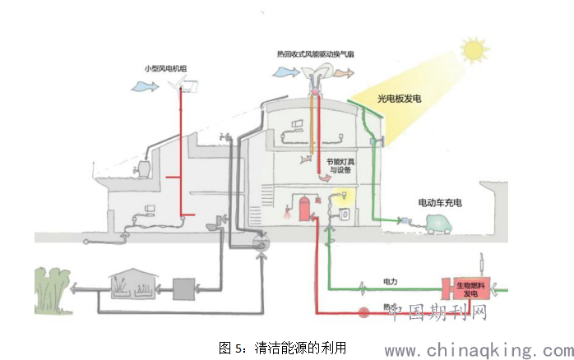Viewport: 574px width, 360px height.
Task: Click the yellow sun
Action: (474, 51)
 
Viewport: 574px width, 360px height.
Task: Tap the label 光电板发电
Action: (399, 99)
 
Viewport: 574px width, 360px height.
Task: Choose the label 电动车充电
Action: (441, 201)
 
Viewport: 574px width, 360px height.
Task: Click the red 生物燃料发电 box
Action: (465, 288)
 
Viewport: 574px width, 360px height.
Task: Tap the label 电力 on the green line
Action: (390, 282)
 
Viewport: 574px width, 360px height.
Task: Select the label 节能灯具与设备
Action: (339, 167)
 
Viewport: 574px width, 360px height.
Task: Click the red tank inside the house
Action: (303, 208)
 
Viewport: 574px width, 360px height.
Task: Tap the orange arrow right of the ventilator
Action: (345, 72)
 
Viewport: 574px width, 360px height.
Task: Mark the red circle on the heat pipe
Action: (363, 312)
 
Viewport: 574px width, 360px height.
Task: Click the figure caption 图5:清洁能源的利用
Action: (282, 346)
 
